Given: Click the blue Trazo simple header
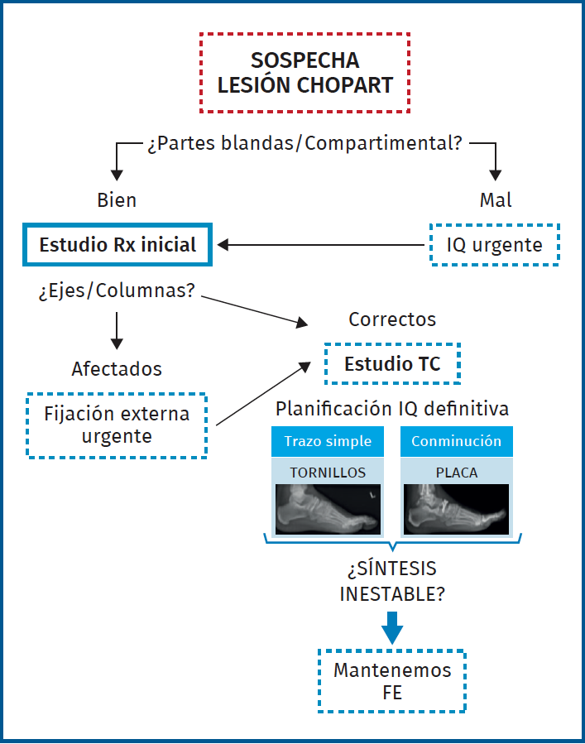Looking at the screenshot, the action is pos(328,441).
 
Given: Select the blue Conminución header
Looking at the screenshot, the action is pos(457,441).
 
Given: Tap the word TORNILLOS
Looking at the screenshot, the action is pos(328,473).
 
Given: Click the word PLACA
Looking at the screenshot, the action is pos(457,473).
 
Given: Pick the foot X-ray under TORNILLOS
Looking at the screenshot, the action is pos(328,509).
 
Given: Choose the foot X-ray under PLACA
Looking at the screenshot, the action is pos(457,509).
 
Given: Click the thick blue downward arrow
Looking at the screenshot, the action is pos(392,628).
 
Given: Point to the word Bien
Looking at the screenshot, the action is pos(117,200).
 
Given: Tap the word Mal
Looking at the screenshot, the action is pos(496,200).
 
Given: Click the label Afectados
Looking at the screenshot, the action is pos(117,369).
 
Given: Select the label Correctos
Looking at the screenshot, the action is pos(392,319).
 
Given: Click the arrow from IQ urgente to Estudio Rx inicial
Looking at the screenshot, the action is pos(321,245).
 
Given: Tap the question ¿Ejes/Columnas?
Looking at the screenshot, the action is pos(117,290).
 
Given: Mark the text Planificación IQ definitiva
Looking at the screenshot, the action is pos(392,409).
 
